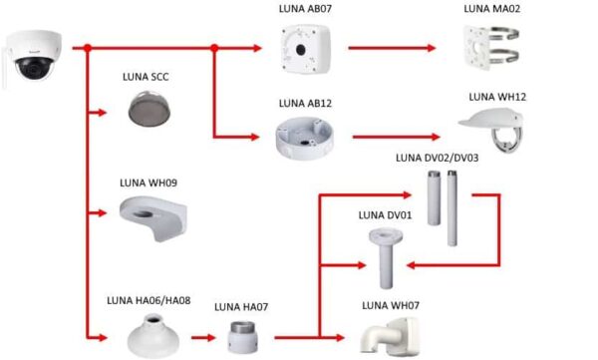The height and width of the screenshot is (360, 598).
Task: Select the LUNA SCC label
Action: pos(147,77)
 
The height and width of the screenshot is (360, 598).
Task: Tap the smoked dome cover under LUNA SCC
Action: pos(149,107)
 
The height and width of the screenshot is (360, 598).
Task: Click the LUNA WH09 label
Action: pos(148,182)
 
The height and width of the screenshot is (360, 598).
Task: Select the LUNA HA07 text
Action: pos(242,308)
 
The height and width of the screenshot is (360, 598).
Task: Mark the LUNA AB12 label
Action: pos(305,103)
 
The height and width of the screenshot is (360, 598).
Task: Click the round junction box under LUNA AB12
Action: pos(307,137)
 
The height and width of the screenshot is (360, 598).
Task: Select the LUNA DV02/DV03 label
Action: pos(437,157)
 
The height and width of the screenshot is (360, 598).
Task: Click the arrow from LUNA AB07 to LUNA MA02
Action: pos(394,47)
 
